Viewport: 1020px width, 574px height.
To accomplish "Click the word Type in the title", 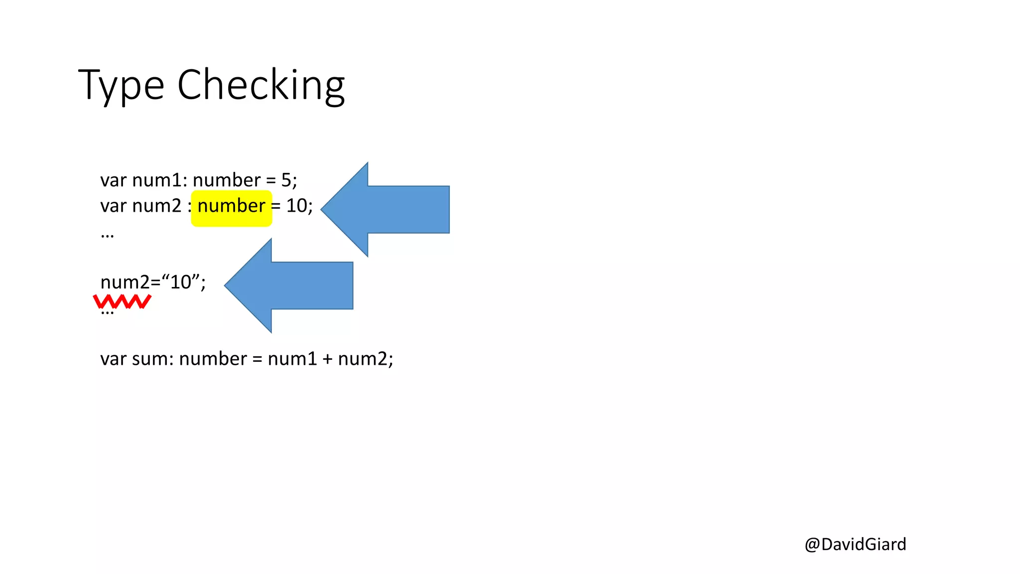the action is click(x=121, y=85).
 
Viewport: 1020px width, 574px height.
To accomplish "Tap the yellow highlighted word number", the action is click(x=232, y=206).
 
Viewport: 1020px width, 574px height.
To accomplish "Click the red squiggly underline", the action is click(x=122, y=301).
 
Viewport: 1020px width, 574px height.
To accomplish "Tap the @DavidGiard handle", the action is click(x=855, y=544).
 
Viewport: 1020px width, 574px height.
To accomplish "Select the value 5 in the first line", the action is click(x=286, y=180).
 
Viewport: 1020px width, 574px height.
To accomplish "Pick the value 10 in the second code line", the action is click(x=296, y=206).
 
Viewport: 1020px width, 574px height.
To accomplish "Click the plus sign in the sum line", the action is click(x=327, y=359).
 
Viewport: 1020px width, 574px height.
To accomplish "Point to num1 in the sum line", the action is click(x=292, y=359).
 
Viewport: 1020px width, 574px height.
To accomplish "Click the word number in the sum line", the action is click(x=213, y=359).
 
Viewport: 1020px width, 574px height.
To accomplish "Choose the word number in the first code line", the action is click(x=227, y=180).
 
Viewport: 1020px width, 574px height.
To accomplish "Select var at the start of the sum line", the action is click(x=113, y=359).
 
